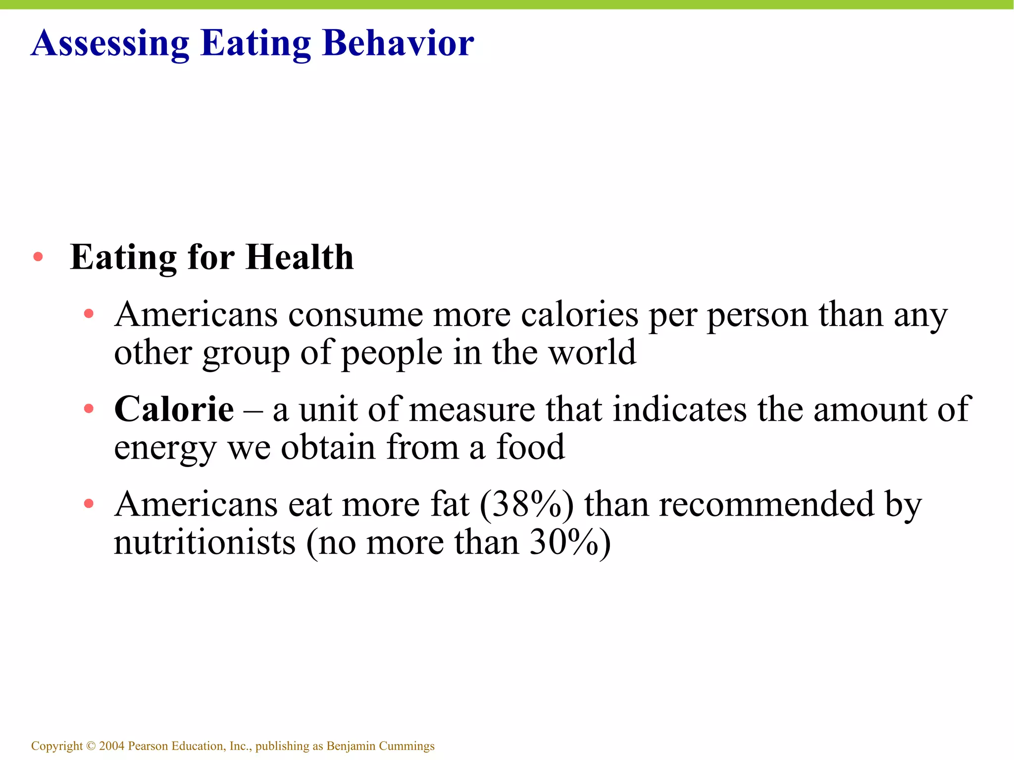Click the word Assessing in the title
[110, 44]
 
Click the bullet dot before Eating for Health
[38, 257]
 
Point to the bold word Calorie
[174, 409]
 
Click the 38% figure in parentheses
[527, 505]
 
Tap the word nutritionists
[204, 543]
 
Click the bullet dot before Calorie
[89, 409]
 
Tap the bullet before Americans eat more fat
[89, 504]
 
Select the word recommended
[766, 505]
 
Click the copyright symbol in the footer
[90, 746]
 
